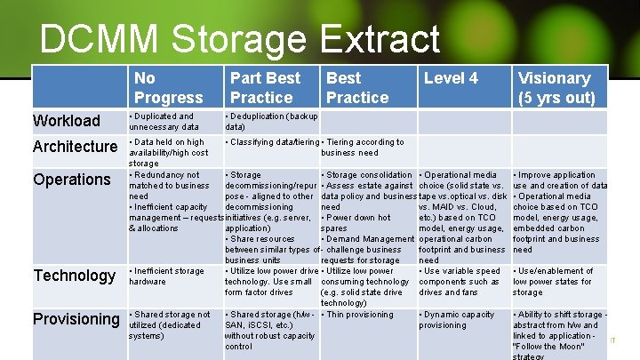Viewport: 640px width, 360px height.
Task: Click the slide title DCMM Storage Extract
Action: (240, 39)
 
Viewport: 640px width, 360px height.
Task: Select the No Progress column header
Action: (169, 87)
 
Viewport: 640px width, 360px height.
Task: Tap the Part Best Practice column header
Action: (265, 87)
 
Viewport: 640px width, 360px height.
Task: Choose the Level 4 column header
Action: (451, 78)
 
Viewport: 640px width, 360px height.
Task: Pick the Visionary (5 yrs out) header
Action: (557, 87)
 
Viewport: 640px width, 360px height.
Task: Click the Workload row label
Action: (67, 121)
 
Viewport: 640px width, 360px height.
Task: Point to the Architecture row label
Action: (75, 146)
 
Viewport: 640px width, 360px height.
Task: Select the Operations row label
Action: (72, 180)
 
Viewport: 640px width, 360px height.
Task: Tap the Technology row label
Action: (75, 276)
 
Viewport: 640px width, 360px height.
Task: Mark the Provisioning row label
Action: (76, 319)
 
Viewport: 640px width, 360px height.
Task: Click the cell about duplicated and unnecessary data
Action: (164, 122)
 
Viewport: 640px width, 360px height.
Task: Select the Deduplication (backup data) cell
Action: (272, 122)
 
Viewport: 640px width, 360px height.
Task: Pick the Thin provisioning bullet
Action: (359, 315)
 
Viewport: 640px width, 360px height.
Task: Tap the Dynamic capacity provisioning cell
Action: (459, 320)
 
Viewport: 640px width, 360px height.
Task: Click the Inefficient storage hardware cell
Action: (167, 276)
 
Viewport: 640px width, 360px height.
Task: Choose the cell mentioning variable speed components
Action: (460, 282)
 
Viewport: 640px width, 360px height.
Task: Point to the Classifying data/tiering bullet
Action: (272, 142)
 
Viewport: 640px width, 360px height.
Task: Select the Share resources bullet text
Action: (262, 239)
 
